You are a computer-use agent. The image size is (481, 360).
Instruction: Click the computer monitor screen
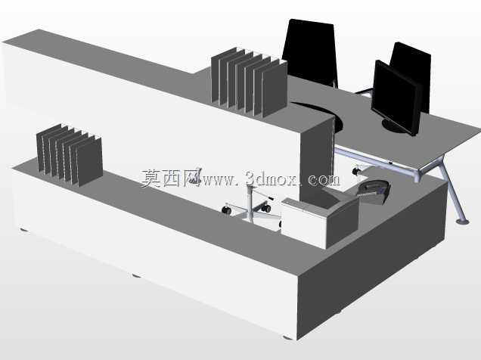pos(395,96)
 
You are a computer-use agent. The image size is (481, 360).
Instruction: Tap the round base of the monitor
pos(396,126)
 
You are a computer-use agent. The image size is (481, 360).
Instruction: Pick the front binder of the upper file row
pos(275,89)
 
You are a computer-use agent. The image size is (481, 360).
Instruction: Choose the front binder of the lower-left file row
pos(89,162)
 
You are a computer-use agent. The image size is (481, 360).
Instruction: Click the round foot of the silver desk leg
pos(462,221)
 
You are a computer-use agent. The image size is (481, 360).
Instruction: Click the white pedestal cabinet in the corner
pos(319,222)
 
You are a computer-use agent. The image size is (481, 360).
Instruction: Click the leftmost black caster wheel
pos(226,210)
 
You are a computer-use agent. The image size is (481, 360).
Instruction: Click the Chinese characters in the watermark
pos(170,178)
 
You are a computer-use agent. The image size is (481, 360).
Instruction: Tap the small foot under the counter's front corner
pos(287,337)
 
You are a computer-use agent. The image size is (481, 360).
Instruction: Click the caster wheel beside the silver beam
pos(357,170)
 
